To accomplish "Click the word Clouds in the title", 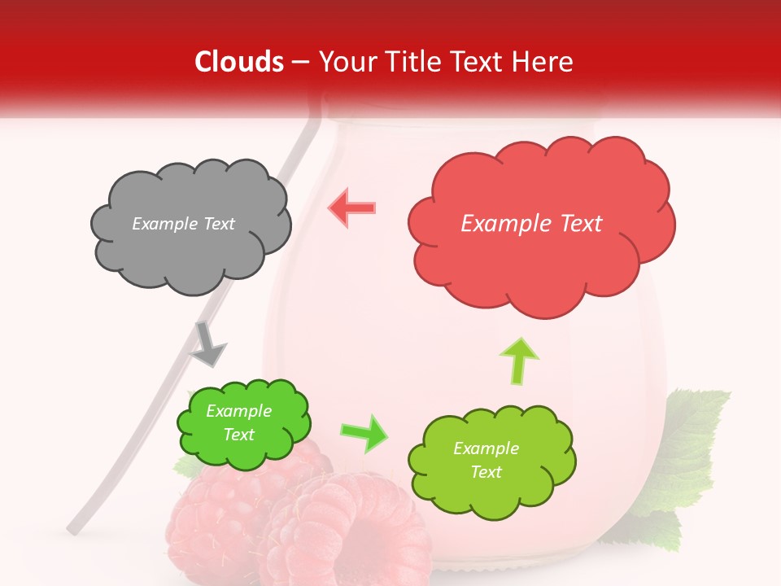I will tap(239, 62).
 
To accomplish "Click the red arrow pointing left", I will tap(351, 208).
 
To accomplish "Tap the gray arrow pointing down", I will tap(208, 344).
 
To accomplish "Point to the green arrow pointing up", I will tap(517, 360).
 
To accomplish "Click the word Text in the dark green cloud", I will tap(238, 435).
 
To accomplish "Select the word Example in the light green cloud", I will tap(486, 448).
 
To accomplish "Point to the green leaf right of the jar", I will tap(692, 439).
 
